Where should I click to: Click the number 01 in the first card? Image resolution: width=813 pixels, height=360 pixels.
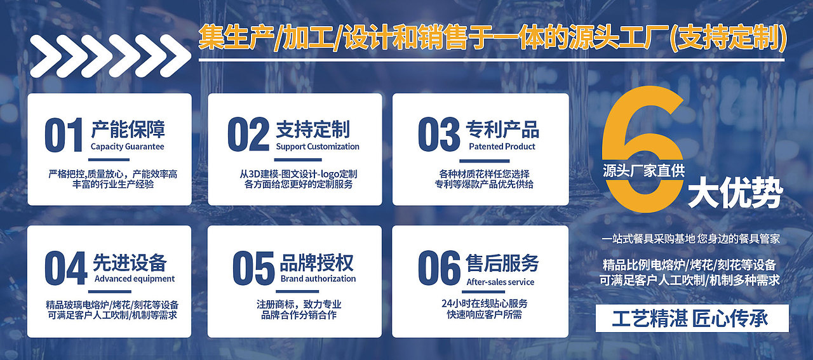point(64,135)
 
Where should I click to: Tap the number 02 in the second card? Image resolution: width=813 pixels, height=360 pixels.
point(248,135)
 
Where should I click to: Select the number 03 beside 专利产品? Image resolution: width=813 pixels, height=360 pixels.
point(438,135)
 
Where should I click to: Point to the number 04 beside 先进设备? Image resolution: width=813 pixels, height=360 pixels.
point(65,268)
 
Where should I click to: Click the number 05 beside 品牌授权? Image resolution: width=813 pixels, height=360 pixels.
point(253,268)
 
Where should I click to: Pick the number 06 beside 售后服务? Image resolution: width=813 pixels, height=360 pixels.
point(438,268)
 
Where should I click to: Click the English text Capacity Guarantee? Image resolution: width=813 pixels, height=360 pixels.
point(127,147)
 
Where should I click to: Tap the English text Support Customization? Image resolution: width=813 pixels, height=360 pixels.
point(318,147)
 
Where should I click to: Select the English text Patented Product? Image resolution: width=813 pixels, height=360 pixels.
point(502,147)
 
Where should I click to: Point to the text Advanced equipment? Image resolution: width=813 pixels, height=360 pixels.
point(134,279)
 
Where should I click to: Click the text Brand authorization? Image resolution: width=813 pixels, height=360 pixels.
point(318,279)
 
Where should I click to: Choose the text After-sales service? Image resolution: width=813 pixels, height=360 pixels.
point(501,282)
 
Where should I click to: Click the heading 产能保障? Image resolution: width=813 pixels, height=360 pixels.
point(128,130)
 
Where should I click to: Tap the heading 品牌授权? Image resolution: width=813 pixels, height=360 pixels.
point(316,262)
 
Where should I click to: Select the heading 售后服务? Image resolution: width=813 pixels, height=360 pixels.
point(502,262)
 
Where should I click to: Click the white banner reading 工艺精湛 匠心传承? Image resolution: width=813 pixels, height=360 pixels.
point(692,318)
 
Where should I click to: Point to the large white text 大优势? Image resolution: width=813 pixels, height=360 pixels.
point(734,195)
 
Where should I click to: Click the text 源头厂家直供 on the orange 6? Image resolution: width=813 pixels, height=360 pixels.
point(644,170)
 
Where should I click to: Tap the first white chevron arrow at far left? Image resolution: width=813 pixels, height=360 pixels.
point(46,57)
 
